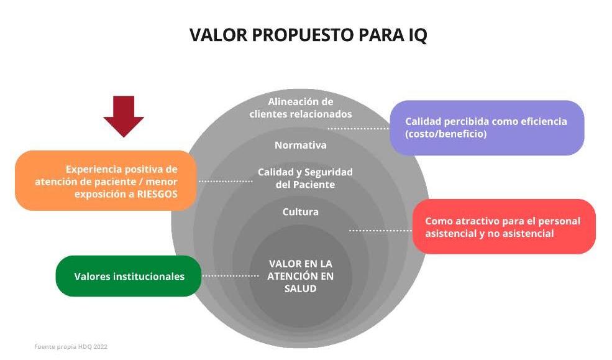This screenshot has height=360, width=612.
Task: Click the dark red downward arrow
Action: (124, 116)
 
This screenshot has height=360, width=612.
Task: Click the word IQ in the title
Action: (418, 35)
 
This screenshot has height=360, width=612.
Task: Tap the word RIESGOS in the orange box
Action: (157, 194)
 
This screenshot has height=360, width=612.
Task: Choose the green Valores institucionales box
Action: (129, 276)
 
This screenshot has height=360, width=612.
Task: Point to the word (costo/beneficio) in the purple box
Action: (445, 134)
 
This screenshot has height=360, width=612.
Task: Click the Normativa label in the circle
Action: (301, 145)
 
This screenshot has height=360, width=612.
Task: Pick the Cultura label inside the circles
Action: (301, 212)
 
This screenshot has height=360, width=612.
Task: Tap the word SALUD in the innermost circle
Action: (301, 288)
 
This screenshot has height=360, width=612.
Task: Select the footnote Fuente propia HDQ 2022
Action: (71, 347)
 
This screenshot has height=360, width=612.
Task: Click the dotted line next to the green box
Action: (231, 276)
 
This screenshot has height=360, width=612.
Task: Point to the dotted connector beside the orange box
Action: (226, 181)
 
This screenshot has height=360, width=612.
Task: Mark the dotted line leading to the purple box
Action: (359, 129)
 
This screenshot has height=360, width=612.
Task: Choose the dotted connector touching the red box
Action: (380, 231)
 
